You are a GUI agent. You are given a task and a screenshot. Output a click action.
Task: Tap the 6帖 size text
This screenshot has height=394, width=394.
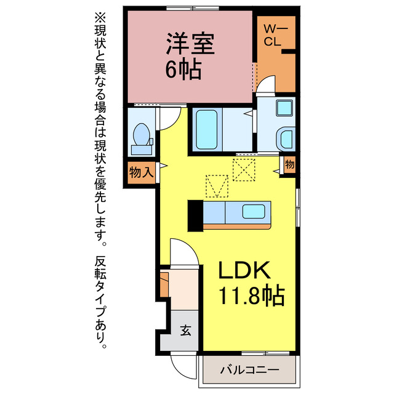click(183, 70)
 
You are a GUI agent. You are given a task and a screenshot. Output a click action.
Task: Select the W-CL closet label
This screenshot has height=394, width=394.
click(273, 35)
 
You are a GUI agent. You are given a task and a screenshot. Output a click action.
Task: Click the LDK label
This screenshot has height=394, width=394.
click(243, 271)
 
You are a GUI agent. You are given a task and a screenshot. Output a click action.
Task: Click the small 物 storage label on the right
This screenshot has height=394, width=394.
click(289, 164)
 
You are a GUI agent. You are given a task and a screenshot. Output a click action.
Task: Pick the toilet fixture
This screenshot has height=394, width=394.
click(141, 137)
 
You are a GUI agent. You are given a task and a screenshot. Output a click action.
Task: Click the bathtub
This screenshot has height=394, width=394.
click(207, 129)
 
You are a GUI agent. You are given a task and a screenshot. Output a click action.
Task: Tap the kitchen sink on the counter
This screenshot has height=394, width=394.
click(254, 212)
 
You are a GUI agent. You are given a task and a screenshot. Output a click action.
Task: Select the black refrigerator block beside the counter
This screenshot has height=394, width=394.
click(195, 215)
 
